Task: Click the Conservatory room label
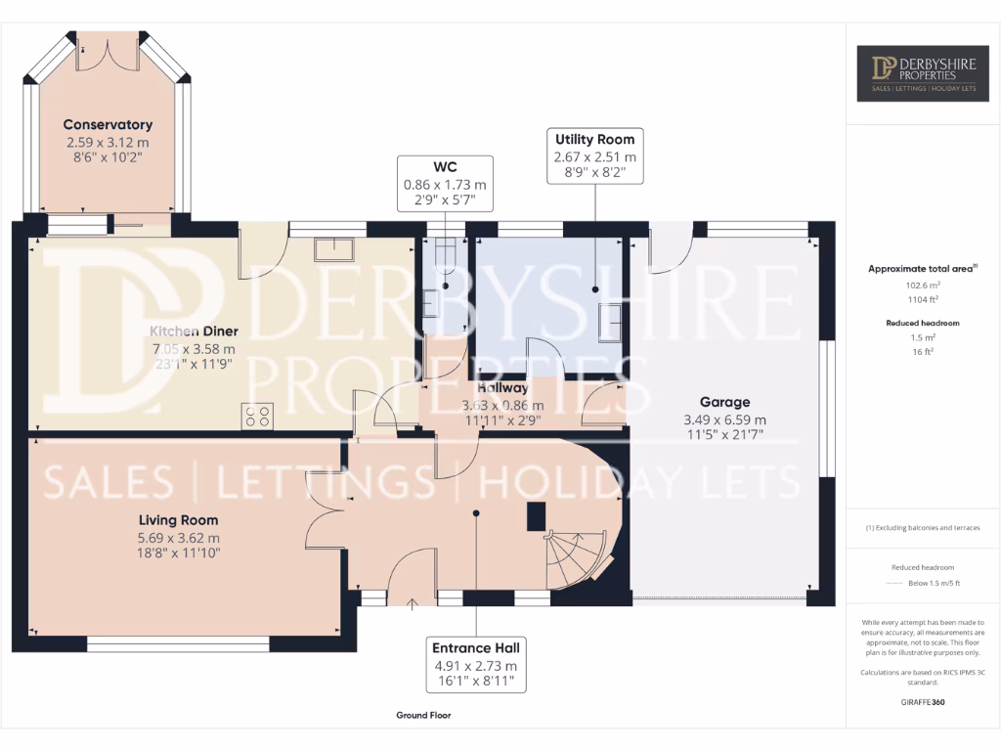[x=108, y=124]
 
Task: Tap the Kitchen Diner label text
[x=193, y=331]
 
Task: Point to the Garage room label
[x=724, y=402]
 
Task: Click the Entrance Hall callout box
[x=476, y=664]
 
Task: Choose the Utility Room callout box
[x=594, y=155]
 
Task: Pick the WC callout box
[x=445, y=183]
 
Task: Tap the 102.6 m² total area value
[x=923, y=287]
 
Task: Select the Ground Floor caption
[x=423, y=715]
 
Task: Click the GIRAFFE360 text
[x=922, y=701]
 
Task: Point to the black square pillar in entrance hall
[x=536, y=515]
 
